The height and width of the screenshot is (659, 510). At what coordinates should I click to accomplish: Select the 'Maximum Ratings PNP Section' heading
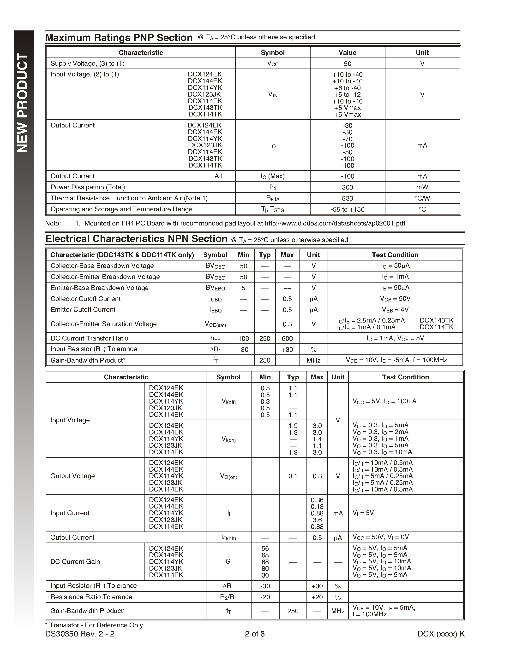(x=119, y=38)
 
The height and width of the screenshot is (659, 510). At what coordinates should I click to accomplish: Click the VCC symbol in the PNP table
(x=273, y=64)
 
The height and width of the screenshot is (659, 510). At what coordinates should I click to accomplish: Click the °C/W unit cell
(x=422, y=198)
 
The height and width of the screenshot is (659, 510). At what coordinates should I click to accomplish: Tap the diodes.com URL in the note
(x=335, y=223)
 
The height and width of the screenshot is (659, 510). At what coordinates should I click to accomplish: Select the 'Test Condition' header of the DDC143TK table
(x=395, y=255)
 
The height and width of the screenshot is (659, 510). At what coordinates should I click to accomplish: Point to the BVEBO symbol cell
(x=215, y=288)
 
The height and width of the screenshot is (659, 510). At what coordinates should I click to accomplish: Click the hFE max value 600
(x=287, y=339)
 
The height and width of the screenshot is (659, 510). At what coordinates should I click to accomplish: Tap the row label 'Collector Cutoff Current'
(x=85, y=299)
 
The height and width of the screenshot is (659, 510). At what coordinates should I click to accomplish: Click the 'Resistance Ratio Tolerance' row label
(x=91, y=597)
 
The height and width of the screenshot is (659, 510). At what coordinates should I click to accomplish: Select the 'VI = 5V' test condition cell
(x=363, y=513)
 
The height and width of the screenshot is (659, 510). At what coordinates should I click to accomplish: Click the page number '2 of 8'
(x=255, y=634)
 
